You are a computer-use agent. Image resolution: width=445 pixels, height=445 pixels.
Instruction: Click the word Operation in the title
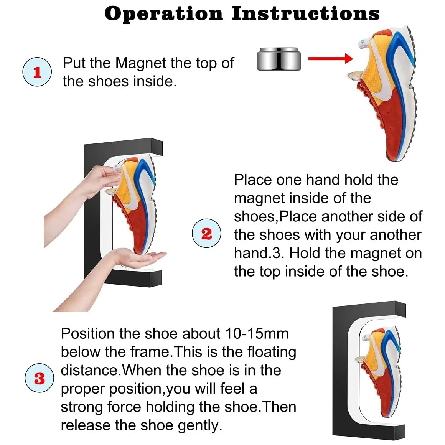point(163,14)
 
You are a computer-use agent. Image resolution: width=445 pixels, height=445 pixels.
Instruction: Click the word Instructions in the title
point(306,14)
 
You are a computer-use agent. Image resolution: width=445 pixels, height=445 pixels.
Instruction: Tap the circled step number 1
point(37,72)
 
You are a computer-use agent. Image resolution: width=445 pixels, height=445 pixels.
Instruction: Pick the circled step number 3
point(39,378)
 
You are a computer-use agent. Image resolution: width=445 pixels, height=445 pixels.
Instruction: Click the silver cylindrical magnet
point(279,59)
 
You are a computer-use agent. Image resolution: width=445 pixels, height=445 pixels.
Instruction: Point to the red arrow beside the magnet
point(330,59)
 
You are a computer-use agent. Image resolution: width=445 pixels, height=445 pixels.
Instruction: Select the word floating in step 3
point(272,352)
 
